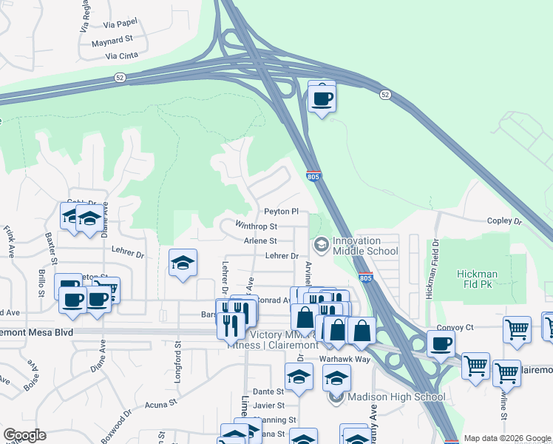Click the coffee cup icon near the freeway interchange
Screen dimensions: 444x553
click(322, 97)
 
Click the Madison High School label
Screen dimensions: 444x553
click(396, 397)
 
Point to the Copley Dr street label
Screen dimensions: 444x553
click(504, 221)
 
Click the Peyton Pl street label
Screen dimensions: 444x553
click(281, 211)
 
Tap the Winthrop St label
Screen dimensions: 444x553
click(256, 226)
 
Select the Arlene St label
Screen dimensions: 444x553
click(260, 240)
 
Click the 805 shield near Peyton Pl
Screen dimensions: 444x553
click(313, 175)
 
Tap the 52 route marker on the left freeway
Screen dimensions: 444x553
click(119, 77)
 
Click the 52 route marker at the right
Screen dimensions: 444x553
click(384, 95)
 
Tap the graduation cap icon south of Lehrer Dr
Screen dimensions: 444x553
click(183, 263)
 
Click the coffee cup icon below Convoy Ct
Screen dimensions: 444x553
click(441, 344)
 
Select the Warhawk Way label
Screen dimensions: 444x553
click(344, 358)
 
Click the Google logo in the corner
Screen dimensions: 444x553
click(24, 435)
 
